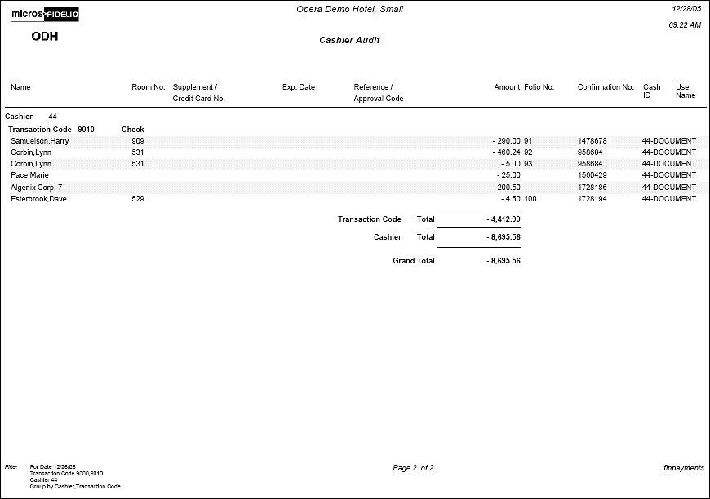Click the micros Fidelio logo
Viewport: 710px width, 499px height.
[x=45, y=14]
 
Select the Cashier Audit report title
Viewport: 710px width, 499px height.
[x=349, y=40]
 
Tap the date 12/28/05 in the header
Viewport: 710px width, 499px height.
[x=686, y=7]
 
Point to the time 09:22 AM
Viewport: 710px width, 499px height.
[x=685, y=25]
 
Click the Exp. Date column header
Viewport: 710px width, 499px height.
[x=298, y=87]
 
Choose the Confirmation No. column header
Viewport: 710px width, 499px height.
[x=606, y=87]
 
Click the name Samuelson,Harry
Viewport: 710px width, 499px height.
[x=39, y=141]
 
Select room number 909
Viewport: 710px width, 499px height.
[x=138, y=141]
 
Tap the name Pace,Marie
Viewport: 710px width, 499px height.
[x=30, y=175]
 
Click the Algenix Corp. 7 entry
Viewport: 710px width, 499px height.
[x=37, y=188]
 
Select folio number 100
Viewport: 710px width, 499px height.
[x=530, y=199]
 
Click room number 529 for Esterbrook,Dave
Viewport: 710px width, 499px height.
[x=138, y=199]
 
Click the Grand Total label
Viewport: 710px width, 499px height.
[x=414, y=261]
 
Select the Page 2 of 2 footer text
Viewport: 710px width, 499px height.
[x=413, y=468]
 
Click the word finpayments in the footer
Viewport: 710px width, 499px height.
[x=684, y=468]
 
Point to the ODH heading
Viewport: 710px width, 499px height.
[x=44, y=37]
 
